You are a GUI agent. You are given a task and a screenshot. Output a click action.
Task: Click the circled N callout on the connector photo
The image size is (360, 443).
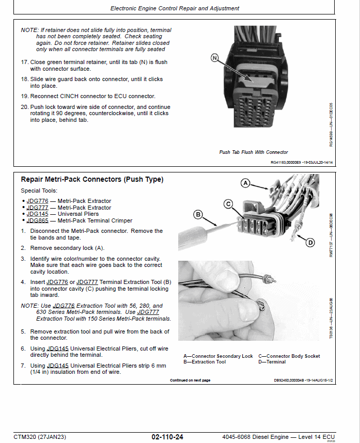click(215, 58)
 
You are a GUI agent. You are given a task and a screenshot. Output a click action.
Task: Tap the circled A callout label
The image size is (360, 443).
click(246, 183)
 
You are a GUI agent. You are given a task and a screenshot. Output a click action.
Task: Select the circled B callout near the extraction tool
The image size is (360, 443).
click(197, 214)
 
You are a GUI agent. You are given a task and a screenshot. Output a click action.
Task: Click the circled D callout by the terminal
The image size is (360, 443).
click(310, 242)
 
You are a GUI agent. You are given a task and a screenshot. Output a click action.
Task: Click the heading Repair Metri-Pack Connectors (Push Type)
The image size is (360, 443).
click(92, 180)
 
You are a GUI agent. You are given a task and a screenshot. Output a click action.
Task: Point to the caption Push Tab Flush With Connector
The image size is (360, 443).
click(254, 152)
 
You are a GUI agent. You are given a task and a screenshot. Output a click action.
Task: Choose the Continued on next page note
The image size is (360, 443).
click(190, 381)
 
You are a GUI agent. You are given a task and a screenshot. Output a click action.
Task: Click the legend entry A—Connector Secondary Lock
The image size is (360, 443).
click(218, 356)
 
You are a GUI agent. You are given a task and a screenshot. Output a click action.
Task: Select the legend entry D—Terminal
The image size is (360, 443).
click(274, 362)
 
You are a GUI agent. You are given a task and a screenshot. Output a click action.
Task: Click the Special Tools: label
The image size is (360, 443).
click(39, 191)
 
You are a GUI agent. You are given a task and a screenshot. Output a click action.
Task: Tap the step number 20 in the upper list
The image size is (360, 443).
click(24, 107)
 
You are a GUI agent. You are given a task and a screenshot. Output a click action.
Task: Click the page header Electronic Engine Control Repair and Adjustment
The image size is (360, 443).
click(175, 8)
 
